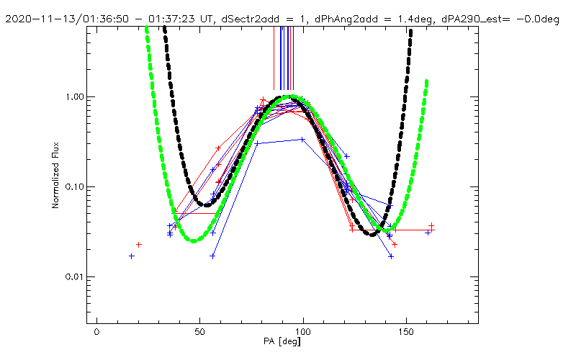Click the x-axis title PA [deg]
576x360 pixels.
[x=287, y=341]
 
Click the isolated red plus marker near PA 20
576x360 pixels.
[x=139, y=245]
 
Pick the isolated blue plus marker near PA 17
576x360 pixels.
[x=132, y=256]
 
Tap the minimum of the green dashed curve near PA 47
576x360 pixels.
[x=194, y=240]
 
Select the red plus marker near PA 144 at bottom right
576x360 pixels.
[x=395, y=245]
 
